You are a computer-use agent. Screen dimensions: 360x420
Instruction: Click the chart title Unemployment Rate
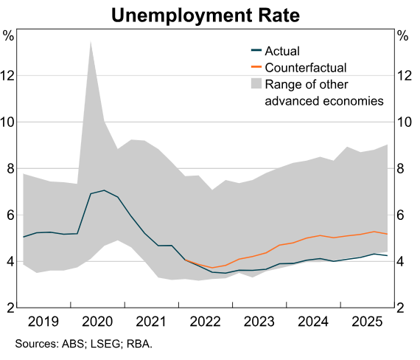[x=210, y=15]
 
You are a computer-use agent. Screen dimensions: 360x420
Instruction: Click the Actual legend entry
[x=282, y=51]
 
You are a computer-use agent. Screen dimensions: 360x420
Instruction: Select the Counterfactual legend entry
[x=305, y=67]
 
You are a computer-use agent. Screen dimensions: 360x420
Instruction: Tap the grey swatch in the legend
[x=256, y=83]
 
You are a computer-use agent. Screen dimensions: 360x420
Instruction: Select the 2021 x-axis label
[x=153, y=322]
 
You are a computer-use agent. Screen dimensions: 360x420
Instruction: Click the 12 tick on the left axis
[x=10, y=75]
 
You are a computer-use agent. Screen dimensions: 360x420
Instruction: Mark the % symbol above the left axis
[x=9, y=35]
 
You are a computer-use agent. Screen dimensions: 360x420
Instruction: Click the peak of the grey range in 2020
[x=90, y=41]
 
